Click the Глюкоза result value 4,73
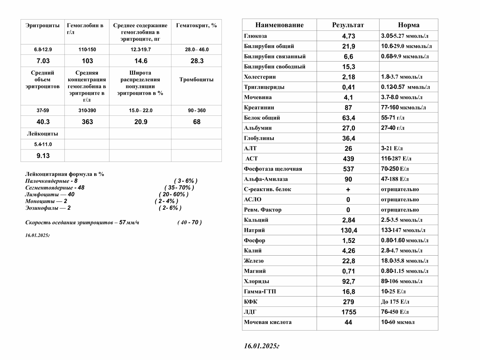point(348,36)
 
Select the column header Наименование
point(279,25)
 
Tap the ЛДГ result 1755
point(349,312)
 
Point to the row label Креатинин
point(259,107)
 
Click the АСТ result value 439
point(348,159)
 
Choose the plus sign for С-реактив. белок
point(348,189)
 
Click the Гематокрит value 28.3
point(197,61)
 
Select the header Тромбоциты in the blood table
point(196,79)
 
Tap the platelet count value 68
point(197,122)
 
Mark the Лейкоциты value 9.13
point(43,156)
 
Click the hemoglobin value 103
point(87,61)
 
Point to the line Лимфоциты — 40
point(50,194)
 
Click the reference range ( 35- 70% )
point(179,187)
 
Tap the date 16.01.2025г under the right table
point(261,346)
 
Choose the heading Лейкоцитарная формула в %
point(65,174)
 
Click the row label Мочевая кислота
point(267,322)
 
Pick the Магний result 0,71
point(348,271)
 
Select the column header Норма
point(408,25)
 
